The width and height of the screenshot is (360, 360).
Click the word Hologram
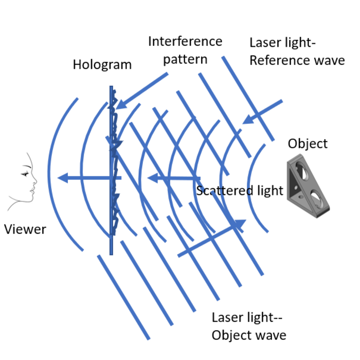pyautogui.click(x=102, y=65)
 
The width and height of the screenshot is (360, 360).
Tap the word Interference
pyautogui.click(x=185, y=42)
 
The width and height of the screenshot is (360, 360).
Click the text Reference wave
pyautogui.click(x=297, y=60)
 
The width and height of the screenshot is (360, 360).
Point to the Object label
pyautogui.click(x=308, y=143)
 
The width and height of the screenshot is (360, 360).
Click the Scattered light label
pyautogui.click(x=240, y=191)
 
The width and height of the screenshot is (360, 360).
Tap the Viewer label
pyautogui.click(x=25, y=229)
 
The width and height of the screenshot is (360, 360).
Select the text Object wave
pyautogui.click(x=249, y=335)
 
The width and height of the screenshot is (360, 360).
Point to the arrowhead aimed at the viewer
pyautogui.click(x=63, y=178)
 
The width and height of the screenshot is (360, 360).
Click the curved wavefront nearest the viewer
pyautogui.click(x=52, y=175)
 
